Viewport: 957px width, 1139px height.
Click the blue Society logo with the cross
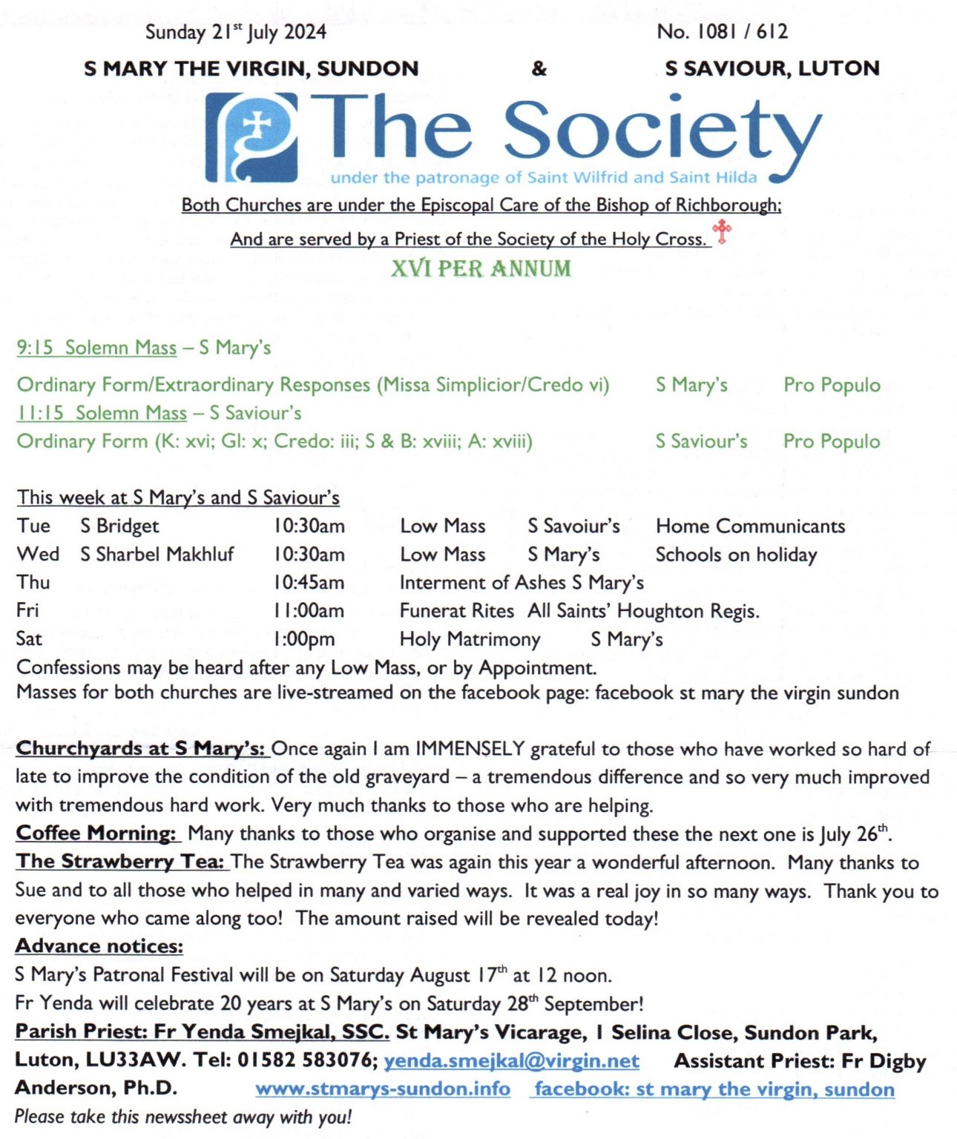(x=252, y=137)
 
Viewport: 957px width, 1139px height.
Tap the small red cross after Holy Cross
(x=721, y=231)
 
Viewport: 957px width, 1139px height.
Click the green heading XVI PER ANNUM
(x=481, y=268)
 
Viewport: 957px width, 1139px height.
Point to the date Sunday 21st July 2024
(x=235, y=32)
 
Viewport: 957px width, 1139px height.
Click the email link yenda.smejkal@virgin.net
(x=511, y=1061)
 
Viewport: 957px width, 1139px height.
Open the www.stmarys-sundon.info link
(x=383, y=1089)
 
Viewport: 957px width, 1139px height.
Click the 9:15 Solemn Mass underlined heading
(x=97, y=348)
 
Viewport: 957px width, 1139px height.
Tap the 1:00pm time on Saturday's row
(x=304, y=639)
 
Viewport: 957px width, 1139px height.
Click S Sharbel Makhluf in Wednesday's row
(x=157, y=555)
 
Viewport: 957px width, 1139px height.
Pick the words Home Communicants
(x=750, y=526)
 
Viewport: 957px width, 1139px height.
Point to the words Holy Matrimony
(x=470, y=639)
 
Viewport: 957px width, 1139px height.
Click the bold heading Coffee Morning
(x=96, y=833)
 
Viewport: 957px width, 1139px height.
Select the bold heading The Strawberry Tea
(x=120, y=862)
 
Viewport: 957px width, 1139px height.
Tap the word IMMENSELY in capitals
(x=470, y=749)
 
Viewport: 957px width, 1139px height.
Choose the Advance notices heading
(x=99, y=946)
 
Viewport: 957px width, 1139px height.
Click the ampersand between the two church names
(x=539, y=69)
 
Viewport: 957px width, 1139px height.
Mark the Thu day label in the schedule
(x=33, y=583)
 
